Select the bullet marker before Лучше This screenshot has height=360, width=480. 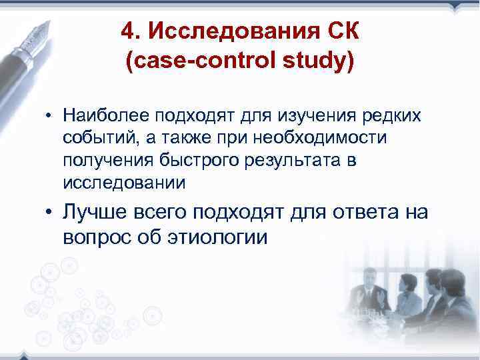pos(51,213)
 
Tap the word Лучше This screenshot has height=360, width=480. pos(93,213)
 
